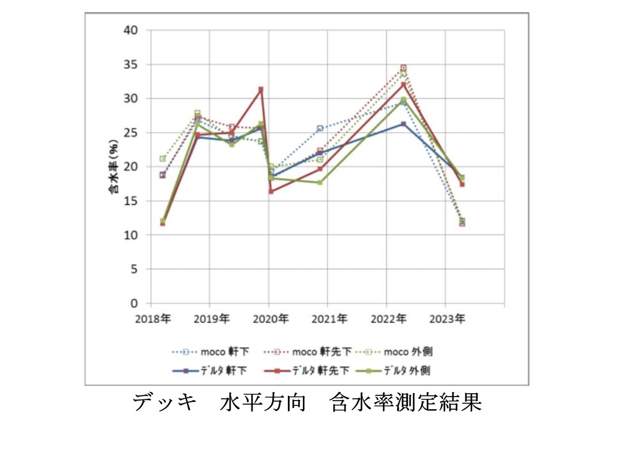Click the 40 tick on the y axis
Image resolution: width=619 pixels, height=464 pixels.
[132, 30]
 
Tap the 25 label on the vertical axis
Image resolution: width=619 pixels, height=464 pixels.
[132, 133]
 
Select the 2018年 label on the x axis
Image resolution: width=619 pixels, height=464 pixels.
[151, 318]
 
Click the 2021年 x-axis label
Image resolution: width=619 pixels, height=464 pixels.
[328, 318]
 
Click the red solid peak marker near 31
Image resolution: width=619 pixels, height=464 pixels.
[261, 89]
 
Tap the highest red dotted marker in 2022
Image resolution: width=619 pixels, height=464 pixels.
[403, 67]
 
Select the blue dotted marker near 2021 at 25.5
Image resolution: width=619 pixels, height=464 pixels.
[320, 128]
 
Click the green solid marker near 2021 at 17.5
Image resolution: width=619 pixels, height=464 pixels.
[320, 182]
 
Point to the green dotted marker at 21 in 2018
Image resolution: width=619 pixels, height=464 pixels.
[163, 159]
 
